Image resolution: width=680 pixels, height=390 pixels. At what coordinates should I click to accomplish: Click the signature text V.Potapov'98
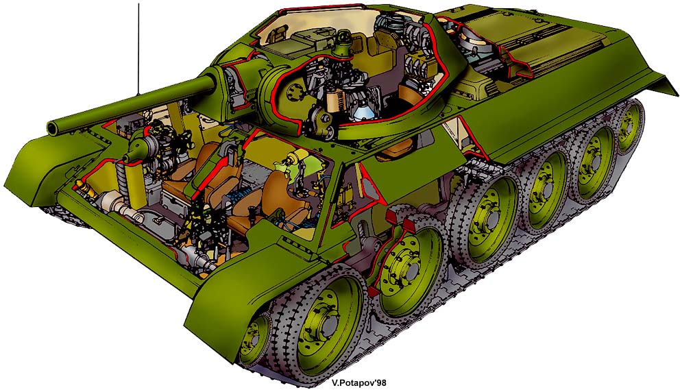point(359,383)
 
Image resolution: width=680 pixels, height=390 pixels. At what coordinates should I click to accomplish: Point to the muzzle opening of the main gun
point(53,127)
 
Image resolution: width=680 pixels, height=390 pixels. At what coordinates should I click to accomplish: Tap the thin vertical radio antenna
point(138,49)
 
